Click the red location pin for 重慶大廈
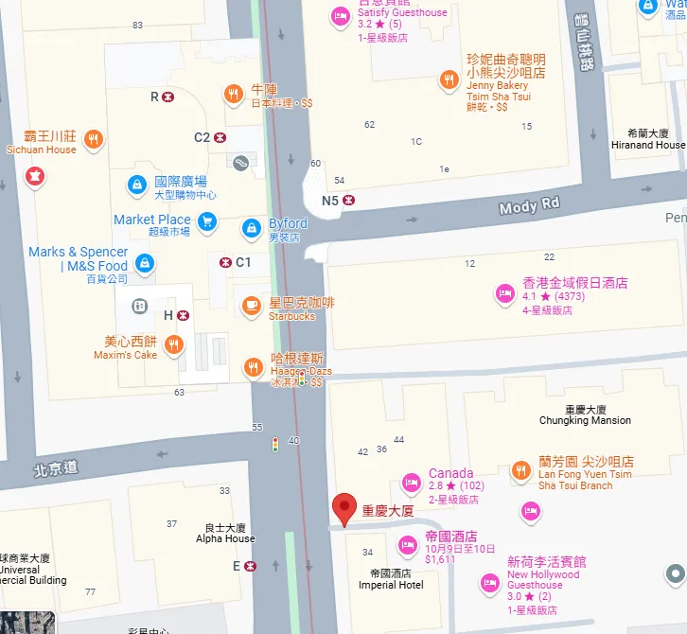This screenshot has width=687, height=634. (x=344, y=508)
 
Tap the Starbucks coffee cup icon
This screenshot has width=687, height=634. (x=251, y=306)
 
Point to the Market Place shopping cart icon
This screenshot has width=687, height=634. (x=206, y=223)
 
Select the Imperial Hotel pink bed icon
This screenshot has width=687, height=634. (x=408, y=544)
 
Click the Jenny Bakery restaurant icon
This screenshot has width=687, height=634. (x=449, y=81)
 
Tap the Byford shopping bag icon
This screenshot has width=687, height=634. (x=252, y=227)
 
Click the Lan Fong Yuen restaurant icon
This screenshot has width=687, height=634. (x=520, y=469)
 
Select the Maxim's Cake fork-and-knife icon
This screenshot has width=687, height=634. (x=173, y=344)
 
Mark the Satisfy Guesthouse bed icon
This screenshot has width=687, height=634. (x=340, y=16)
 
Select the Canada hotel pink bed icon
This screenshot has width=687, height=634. (x=412, y=482)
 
